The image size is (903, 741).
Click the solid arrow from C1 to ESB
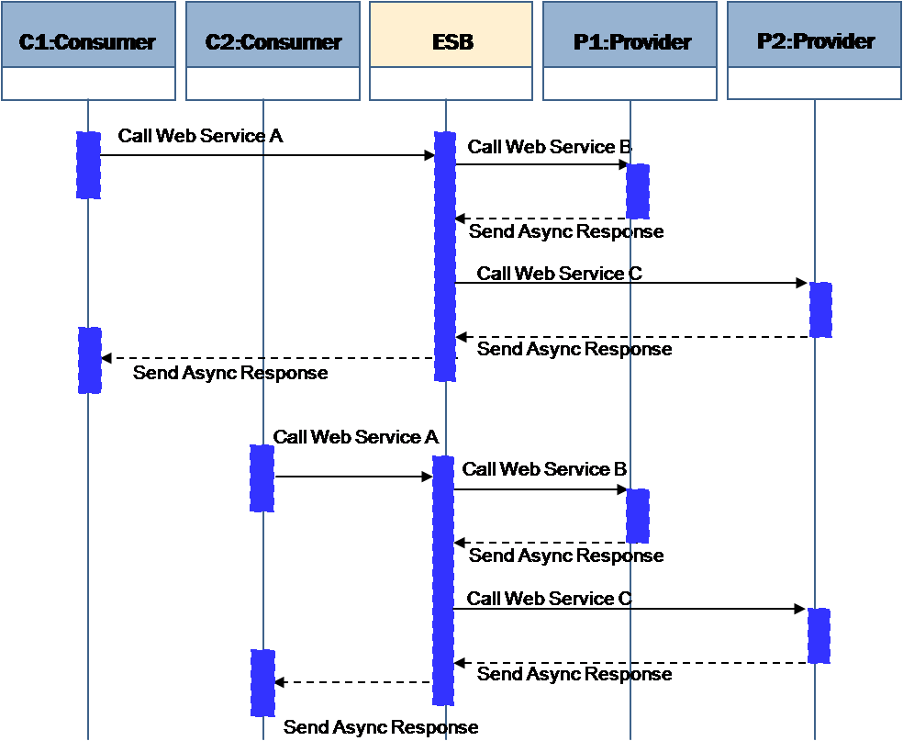266,155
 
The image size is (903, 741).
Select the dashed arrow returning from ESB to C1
266,358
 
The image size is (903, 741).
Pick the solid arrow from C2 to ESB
353,477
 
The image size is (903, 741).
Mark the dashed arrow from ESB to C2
353,682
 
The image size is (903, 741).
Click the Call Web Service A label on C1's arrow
200,136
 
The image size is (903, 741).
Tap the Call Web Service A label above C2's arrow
355,437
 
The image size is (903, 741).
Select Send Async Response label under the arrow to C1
229,374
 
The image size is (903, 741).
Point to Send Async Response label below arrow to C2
380,727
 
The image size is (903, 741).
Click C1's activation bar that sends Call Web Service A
88,165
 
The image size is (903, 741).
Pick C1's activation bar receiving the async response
89,360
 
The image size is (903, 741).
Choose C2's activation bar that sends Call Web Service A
262,478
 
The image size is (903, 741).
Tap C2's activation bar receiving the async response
262,682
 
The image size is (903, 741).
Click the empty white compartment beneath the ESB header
451,84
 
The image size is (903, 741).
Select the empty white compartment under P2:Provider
814,84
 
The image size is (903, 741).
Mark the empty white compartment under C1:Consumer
88,84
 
